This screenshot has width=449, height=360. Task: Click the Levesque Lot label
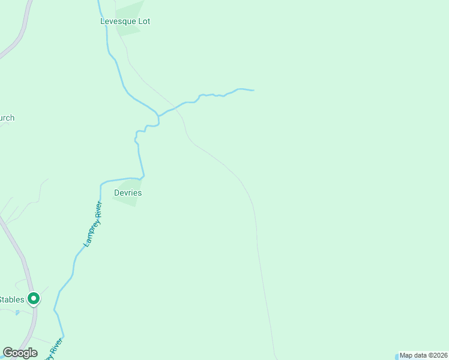(125, 21)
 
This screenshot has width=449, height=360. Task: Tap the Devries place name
(127, 193)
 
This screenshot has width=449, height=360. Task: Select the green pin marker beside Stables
(34, 298)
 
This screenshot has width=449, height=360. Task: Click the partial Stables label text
(11, 299)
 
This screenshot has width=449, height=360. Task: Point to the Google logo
(20, 353)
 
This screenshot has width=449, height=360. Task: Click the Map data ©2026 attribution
(423, 355)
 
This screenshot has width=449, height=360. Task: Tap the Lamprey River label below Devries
(92, 224)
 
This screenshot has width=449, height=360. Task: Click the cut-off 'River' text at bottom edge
(53, 350)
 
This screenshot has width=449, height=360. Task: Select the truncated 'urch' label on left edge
(7, 118)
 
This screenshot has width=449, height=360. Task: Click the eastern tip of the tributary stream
(253, 91)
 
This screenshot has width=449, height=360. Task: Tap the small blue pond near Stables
(17, 313)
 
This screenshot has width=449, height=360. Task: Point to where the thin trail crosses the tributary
(178, 107)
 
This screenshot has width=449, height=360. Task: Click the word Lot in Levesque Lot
(143, 21)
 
